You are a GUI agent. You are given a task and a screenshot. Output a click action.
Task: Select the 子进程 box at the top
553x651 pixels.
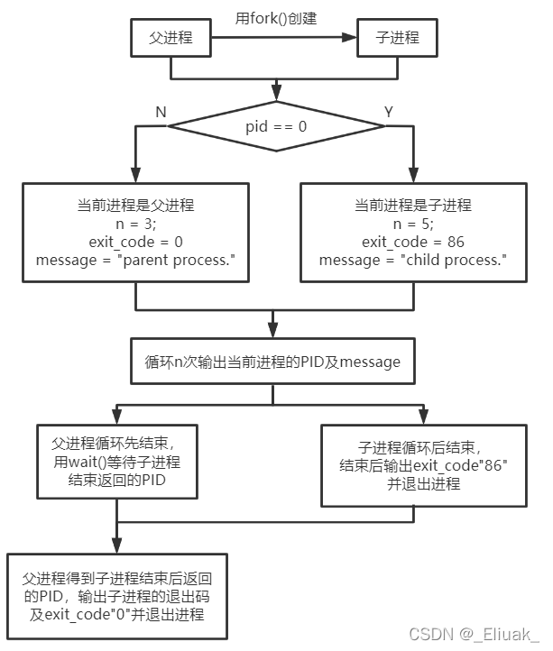[396, 38]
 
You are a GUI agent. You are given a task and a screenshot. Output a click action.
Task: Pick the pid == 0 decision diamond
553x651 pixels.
[276, 127]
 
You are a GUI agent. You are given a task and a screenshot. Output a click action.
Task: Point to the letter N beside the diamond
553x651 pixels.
[161, 111]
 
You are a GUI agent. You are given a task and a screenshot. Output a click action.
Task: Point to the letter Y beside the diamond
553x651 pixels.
[389, 111]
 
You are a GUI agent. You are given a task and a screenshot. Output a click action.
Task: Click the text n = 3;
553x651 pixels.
[136, 224]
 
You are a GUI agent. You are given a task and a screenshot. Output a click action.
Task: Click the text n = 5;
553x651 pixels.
[413, 224]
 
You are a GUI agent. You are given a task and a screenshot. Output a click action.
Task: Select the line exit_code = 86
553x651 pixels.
[413, 242]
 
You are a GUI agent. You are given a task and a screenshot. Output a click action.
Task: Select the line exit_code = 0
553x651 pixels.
[136, 242]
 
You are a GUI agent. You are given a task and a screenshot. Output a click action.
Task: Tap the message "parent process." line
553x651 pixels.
[135, 261]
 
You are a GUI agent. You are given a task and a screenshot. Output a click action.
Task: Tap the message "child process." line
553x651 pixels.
[413, 261]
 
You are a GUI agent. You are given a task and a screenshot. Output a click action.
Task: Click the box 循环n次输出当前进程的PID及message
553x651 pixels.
[272, 362]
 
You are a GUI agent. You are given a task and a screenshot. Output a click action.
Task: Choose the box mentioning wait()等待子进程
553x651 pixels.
[116, 462]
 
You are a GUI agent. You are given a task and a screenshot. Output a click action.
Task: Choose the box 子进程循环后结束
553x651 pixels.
[424, 463]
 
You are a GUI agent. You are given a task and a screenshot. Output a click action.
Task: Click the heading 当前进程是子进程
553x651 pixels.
[413, 205]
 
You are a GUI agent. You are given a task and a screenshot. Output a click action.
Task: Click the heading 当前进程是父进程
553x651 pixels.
[136, 205]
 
